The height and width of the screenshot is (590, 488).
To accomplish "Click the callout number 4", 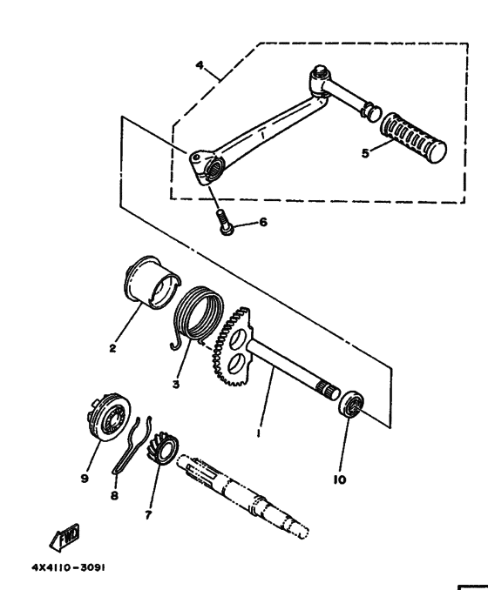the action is (200, 65).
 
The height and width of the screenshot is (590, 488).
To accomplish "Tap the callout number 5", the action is (365, 153).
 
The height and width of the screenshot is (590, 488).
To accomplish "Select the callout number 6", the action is (263, 222).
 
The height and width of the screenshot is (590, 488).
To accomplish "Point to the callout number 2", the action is (112, 348).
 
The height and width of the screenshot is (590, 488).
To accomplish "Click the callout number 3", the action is (176, 385).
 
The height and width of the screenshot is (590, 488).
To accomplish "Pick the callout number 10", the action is (340, 479).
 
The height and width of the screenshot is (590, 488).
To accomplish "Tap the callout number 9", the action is (85, 479).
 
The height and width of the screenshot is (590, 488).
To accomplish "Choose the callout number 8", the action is (114, 495).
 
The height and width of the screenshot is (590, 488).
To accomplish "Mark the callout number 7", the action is (148, 515).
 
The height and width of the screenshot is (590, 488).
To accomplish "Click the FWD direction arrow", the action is (64, 537).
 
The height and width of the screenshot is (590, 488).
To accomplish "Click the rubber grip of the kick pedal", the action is (413, 137).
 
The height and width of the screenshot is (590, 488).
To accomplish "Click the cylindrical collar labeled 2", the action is (152, 282).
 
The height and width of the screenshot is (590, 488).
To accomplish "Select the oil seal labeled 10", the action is (352, 404).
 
